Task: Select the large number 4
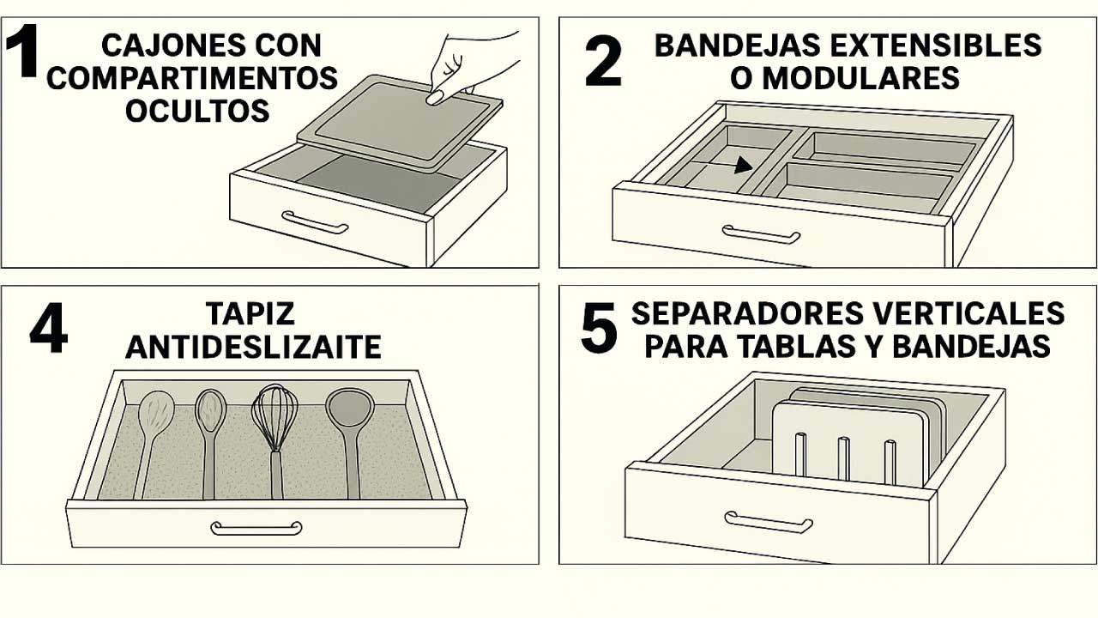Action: coord(49,328)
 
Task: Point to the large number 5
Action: coord(599,328)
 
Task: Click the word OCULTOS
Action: coord(197,111)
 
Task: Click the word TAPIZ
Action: coord(250,313)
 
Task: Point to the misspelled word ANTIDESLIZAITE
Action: coord(253,347)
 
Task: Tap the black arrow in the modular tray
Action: coord(742,166)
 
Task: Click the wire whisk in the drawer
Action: coord(274,440)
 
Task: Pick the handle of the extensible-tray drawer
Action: coord(761,234)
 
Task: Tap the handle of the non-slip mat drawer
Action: coord(256,528)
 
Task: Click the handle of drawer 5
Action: coord(768,522)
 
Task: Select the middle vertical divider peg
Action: coord(843,458)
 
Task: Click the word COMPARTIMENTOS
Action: coord(192,78)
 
